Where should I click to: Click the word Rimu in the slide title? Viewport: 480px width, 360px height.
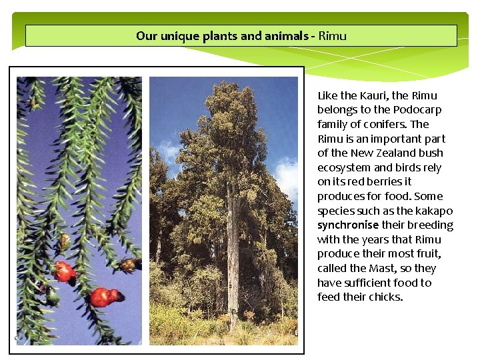(x=333, y=36)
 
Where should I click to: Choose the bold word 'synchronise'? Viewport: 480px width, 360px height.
(x=347, y=225)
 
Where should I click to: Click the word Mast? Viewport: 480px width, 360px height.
(x=383, y=269)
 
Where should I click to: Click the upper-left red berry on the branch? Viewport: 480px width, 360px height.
(x=64, y=271)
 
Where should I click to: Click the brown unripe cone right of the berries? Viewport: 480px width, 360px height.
(x=128, y=265)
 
